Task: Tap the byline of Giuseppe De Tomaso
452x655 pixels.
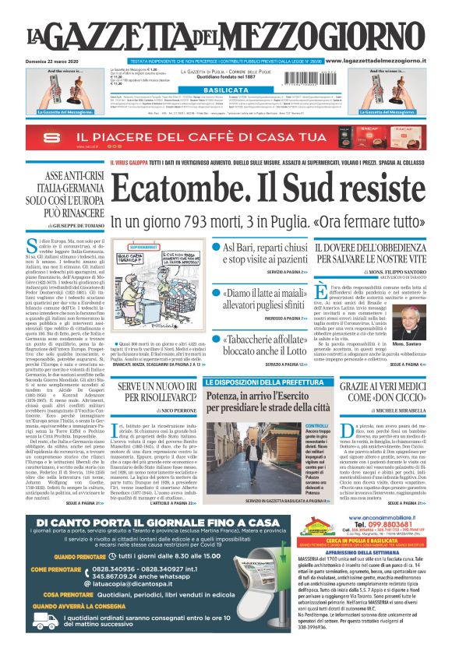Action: (75, 224)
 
